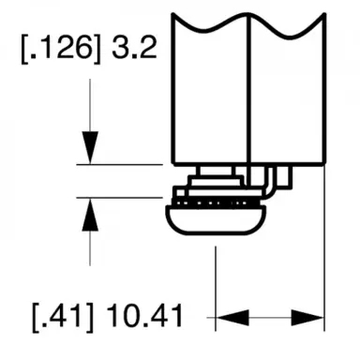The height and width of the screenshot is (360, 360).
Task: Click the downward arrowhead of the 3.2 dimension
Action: (89, 148)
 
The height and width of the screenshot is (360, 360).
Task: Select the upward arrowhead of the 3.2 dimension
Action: (89, 214)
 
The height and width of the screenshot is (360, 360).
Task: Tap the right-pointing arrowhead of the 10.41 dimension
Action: (312, 316)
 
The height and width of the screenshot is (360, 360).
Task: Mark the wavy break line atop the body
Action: (248, 21)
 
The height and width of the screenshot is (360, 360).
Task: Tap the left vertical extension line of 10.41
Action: (217, 281)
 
